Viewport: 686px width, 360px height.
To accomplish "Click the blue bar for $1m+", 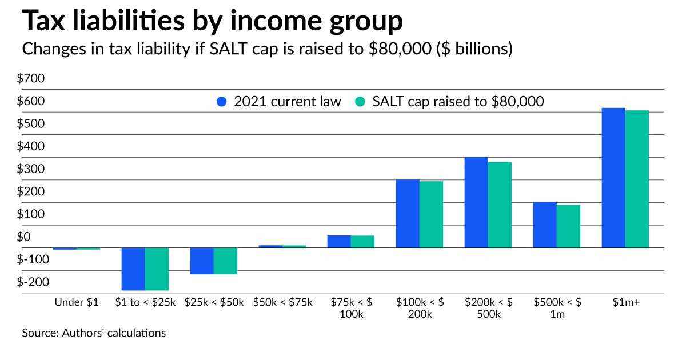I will [x=613, y=178].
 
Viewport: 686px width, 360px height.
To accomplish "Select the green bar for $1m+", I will [x=637, y=179].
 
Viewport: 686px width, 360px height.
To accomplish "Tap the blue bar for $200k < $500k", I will [x=476, y=202].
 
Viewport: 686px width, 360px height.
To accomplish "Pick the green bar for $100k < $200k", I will [x=431, y=214].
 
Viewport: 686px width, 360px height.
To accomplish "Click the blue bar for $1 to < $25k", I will [x=133, y=269].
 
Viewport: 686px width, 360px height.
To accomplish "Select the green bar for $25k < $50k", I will [x=225, y=261].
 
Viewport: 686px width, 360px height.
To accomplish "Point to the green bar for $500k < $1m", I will [x=568, y=226].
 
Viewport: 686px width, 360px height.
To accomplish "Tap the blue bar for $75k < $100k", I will [x=339, y=241].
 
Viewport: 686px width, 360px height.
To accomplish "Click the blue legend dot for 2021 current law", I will [x=222, y=102].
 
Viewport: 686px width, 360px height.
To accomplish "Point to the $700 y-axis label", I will [x=34, y=79].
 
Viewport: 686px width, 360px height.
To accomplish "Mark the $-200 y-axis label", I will [x=34, y=282].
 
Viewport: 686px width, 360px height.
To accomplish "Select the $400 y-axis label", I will [x=34, y=147].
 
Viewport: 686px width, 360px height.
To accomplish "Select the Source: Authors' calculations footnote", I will [x=94, y=333].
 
